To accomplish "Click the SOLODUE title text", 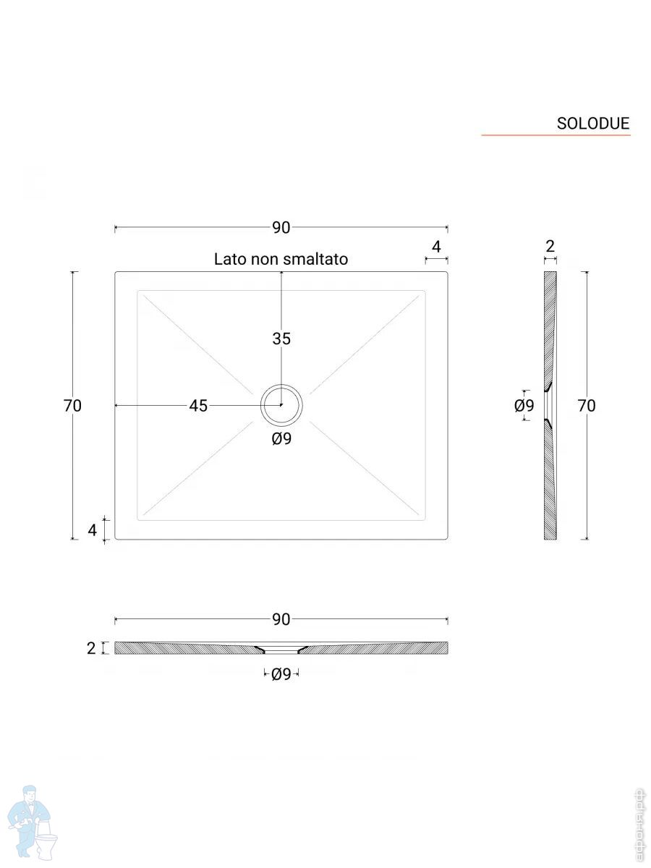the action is [592, 124].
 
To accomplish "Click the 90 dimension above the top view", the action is [281, 227].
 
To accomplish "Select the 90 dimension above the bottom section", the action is [281, 619].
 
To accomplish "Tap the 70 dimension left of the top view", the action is [72, 406].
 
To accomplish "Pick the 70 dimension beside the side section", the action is [587, 406].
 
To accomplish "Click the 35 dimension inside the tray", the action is [281, 339].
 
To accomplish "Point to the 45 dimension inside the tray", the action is [198, 406].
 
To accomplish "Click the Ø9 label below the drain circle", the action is [281, 438].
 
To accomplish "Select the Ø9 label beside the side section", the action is [524, 405].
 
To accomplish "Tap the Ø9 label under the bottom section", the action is [281, 674].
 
